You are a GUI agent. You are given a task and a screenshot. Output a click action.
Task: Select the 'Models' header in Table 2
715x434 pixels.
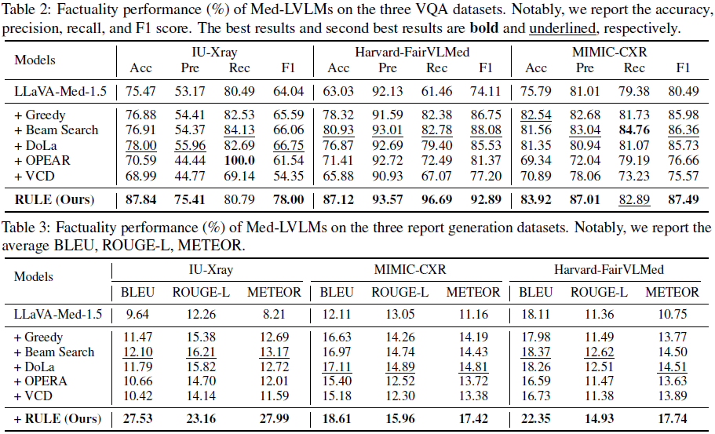35,60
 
